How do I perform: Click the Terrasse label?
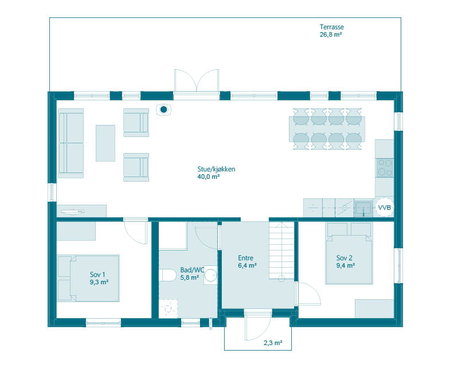(332, 27)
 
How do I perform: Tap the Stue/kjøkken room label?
(216, 169)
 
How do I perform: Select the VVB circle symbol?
(384, 208)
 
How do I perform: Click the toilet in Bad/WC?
(167, 275)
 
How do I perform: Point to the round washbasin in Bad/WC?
(210, 275)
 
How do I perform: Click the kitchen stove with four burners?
(385, 167)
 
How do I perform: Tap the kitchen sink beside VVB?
(365, 208)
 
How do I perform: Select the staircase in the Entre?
(281, 250)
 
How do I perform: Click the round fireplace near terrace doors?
(163, 109)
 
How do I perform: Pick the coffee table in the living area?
(105, 143)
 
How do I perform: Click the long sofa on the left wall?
(71, 143)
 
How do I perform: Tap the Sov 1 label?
(97, 275)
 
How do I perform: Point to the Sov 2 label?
(345, 258)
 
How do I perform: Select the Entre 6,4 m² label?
(247, 261)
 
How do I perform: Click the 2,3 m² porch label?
(273, 343)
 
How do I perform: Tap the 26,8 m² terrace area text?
(331, 34)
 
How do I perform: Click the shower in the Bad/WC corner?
(168, 308)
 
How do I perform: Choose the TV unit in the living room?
(81, 211)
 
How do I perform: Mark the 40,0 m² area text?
(208, 177)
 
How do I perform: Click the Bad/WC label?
(192, 270)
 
